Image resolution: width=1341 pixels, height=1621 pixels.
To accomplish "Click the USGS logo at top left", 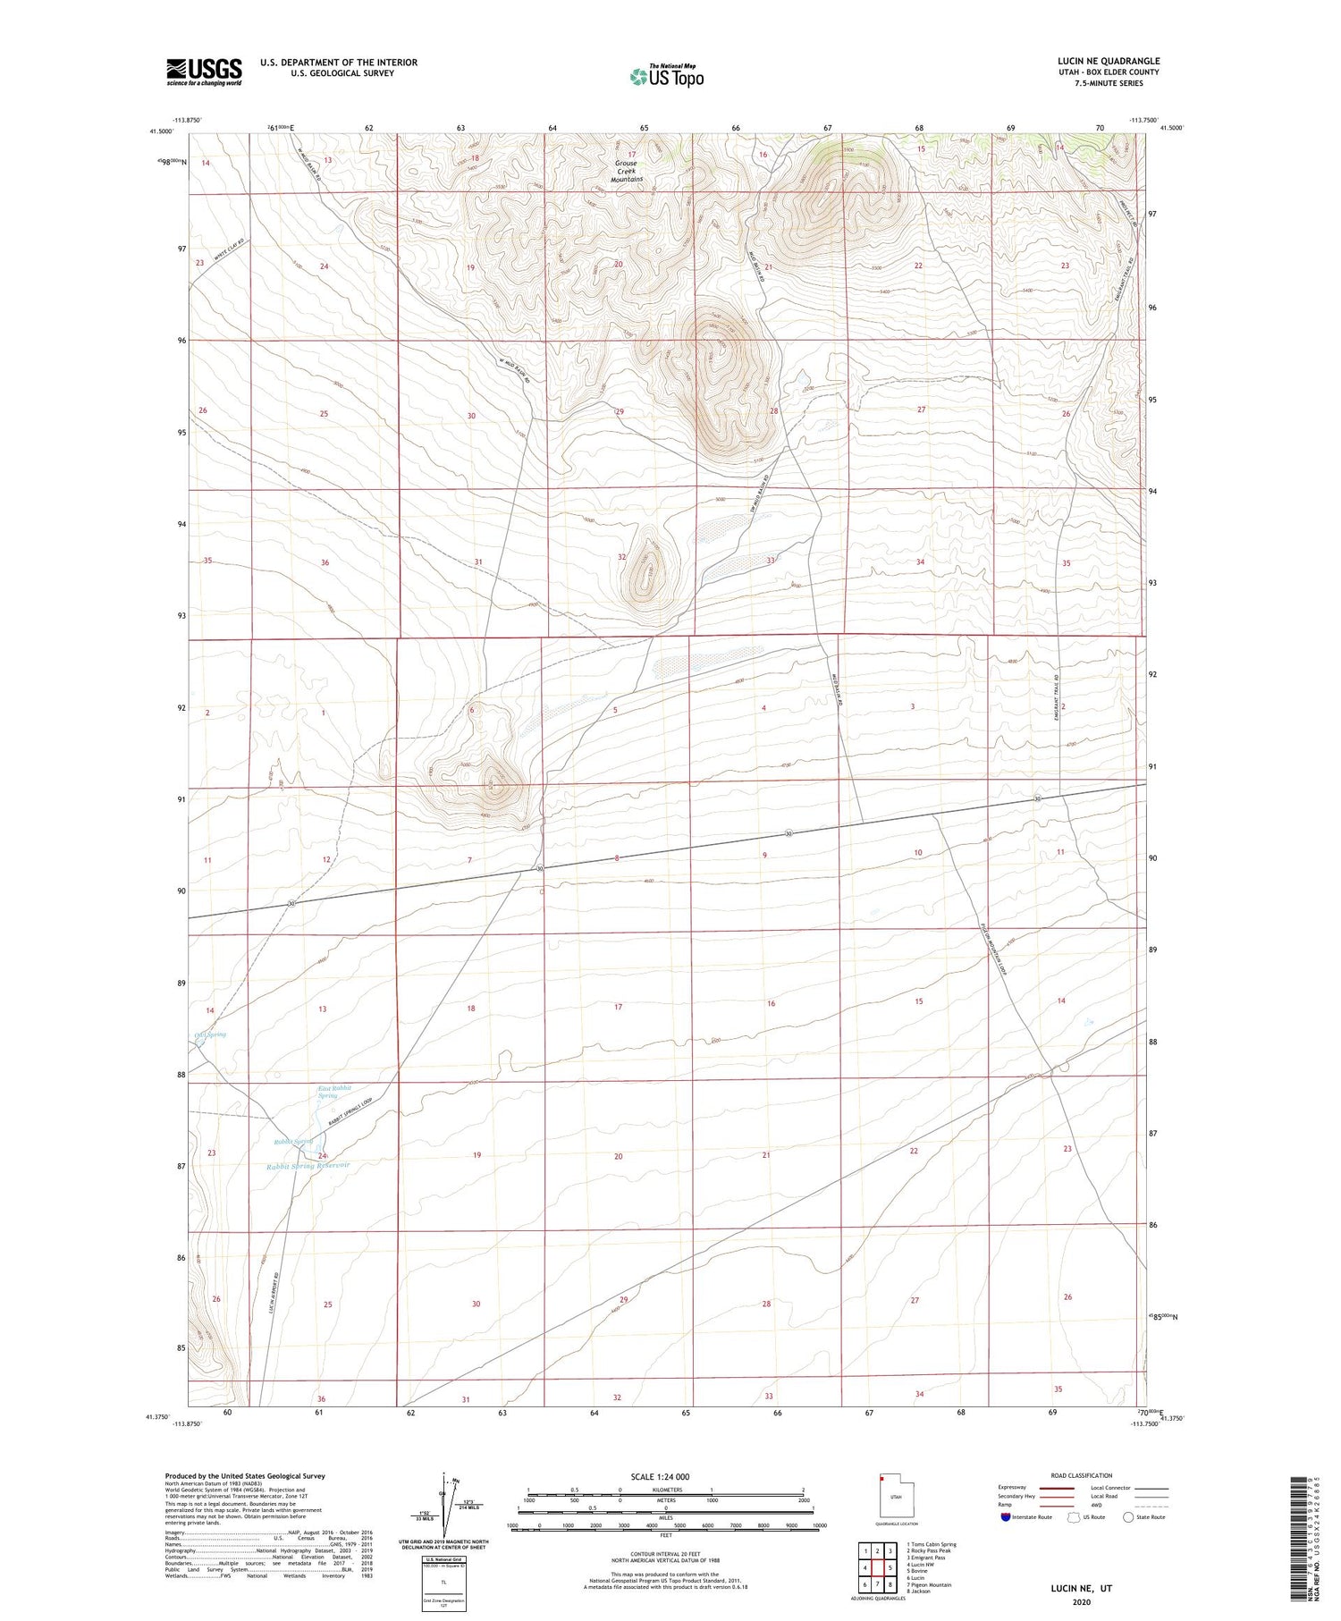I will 204,72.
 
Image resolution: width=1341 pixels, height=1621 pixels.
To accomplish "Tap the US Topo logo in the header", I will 666,76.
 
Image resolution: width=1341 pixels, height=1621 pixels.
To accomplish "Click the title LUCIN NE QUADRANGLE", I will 1109,61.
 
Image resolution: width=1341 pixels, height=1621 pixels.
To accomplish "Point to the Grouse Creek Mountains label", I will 626,171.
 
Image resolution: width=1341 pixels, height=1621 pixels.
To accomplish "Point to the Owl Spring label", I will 210,1034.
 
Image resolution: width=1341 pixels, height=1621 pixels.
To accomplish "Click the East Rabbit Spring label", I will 334,1092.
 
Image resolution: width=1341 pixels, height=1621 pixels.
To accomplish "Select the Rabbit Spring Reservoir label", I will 308,1166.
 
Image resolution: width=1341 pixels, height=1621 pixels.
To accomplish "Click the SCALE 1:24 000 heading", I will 660,1476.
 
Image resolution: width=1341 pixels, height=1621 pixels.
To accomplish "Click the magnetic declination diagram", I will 444,1505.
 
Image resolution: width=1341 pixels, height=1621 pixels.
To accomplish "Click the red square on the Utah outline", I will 881,1478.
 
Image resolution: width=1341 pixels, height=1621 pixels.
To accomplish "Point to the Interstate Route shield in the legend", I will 1006,1517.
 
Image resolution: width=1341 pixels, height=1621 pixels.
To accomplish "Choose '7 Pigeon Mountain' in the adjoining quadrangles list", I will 929,1584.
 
